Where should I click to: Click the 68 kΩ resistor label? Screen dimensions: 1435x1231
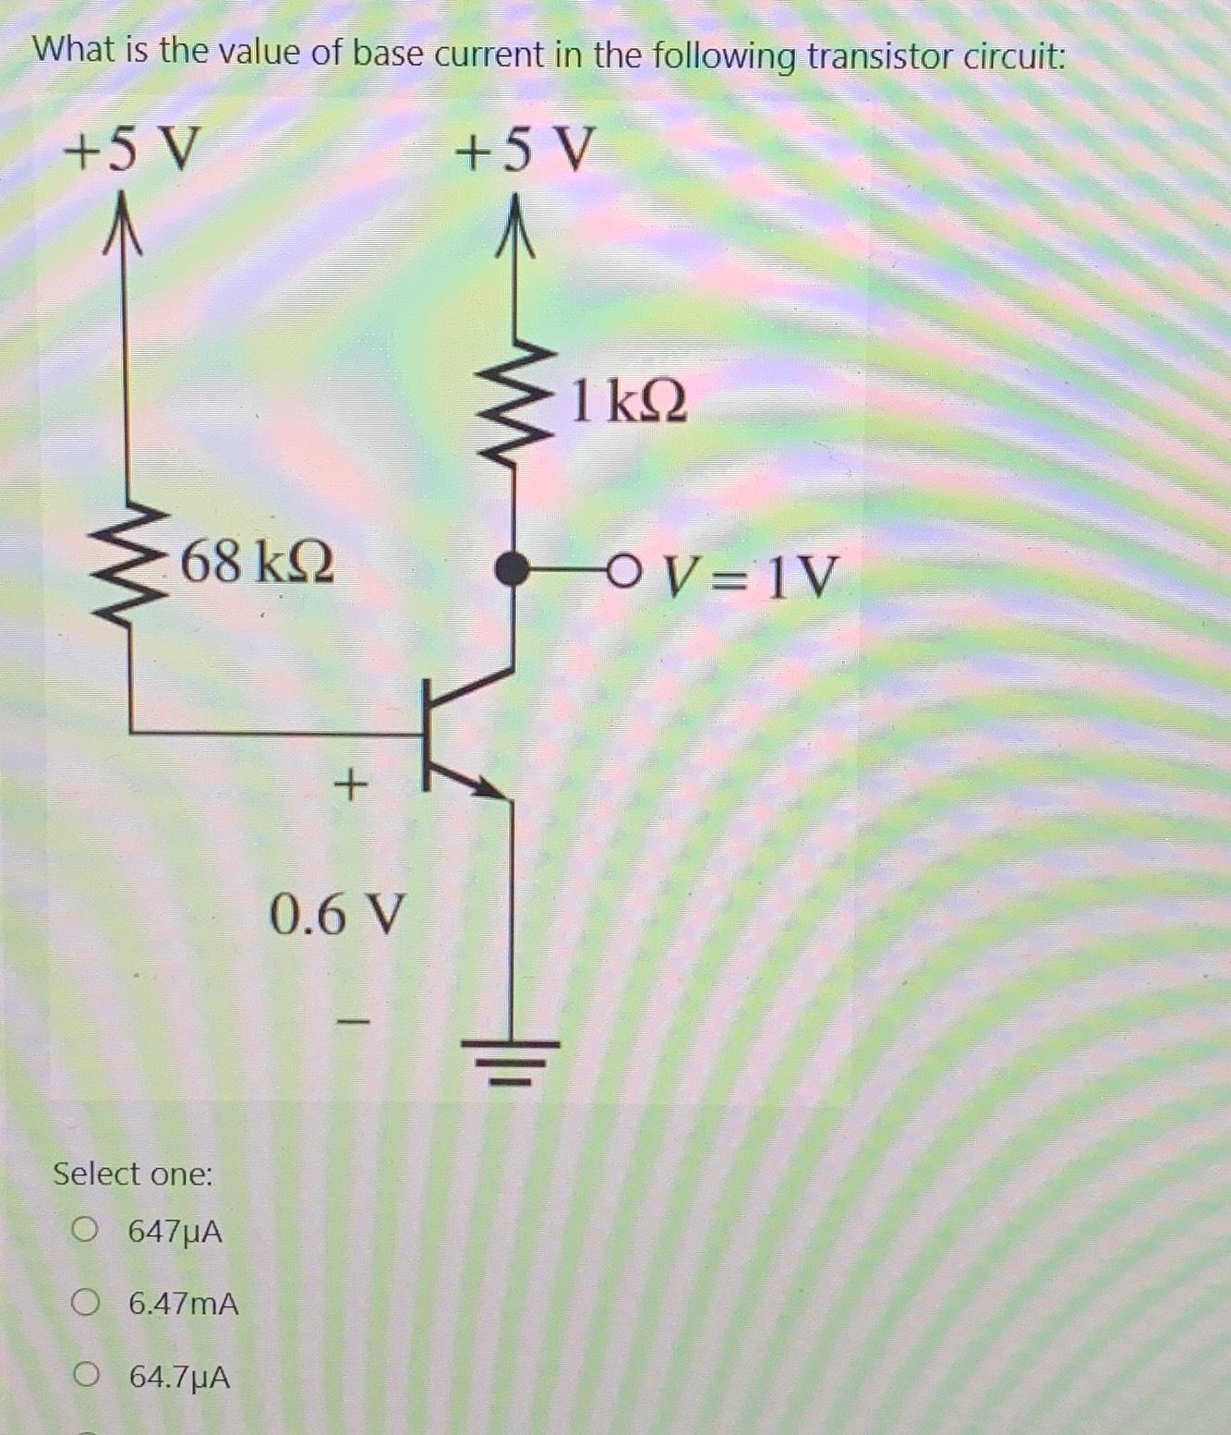pyautogui.click(x=257, y=562)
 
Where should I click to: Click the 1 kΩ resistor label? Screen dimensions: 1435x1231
pyautogui.click(x=629, y=402)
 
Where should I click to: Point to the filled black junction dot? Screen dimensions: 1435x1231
pyautogui.click(x=512, y=569)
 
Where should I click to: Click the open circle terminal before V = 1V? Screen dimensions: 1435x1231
pyautogui.click(x=623, y=571)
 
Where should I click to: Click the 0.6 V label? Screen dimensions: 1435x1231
pyautogui.click(x=337, y=915)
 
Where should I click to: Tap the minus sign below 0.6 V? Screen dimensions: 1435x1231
pyautogui.click(x=352, y=1022)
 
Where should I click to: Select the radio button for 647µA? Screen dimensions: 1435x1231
pyautogui.click(x=86, y=1230)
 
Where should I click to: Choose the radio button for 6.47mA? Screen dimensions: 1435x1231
pyautogui.click(x=86, y=1303)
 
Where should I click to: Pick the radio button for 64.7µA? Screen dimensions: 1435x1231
pyautogui.click(x=86, y=1376)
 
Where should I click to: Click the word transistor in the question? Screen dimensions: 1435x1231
pyautogui.click(x=879, y=56)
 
